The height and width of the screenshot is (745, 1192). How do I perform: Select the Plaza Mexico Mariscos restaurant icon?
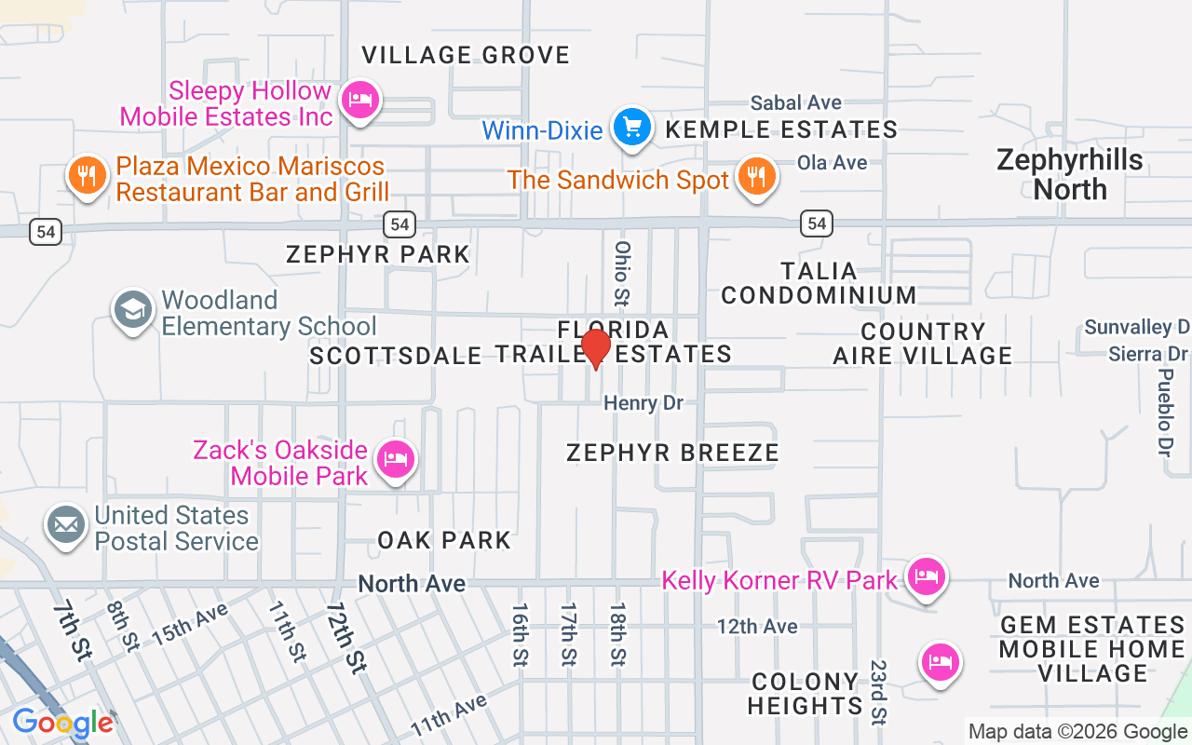(x=87, y=176)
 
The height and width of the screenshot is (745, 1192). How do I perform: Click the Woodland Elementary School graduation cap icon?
(x=132, y=310)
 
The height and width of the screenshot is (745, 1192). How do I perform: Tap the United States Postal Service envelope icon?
(x=66, y=525)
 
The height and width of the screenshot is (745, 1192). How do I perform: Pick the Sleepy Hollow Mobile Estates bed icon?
(x=359, y=100)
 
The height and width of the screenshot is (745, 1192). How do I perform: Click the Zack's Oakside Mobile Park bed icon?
(x=396, y=459)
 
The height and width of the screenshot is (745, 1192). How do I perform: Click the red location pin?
(x=595, y=349)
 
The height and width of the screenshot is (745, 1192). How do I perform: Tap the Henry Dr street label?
(x=643, y=403)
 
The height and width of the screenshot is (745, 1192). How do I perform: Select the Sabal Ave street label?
(x=796, y=102)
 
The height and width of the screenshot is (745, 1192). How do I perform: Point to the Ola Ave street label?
(x=832, y=162)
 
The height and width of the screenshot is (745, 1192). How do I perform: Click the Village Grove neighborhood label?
(x=466, y=55)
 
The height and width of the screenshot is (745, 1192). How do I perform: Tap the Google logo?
(x=62, y=723)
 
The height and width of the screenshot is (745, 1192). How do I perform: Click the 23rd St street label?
(x=878, y=692)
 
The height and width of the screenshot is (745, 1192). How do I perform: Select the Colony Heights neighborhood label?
(x=805, y=694)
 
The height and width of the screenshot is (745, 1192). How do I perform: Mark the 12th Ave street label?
(x=757, y=626)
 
